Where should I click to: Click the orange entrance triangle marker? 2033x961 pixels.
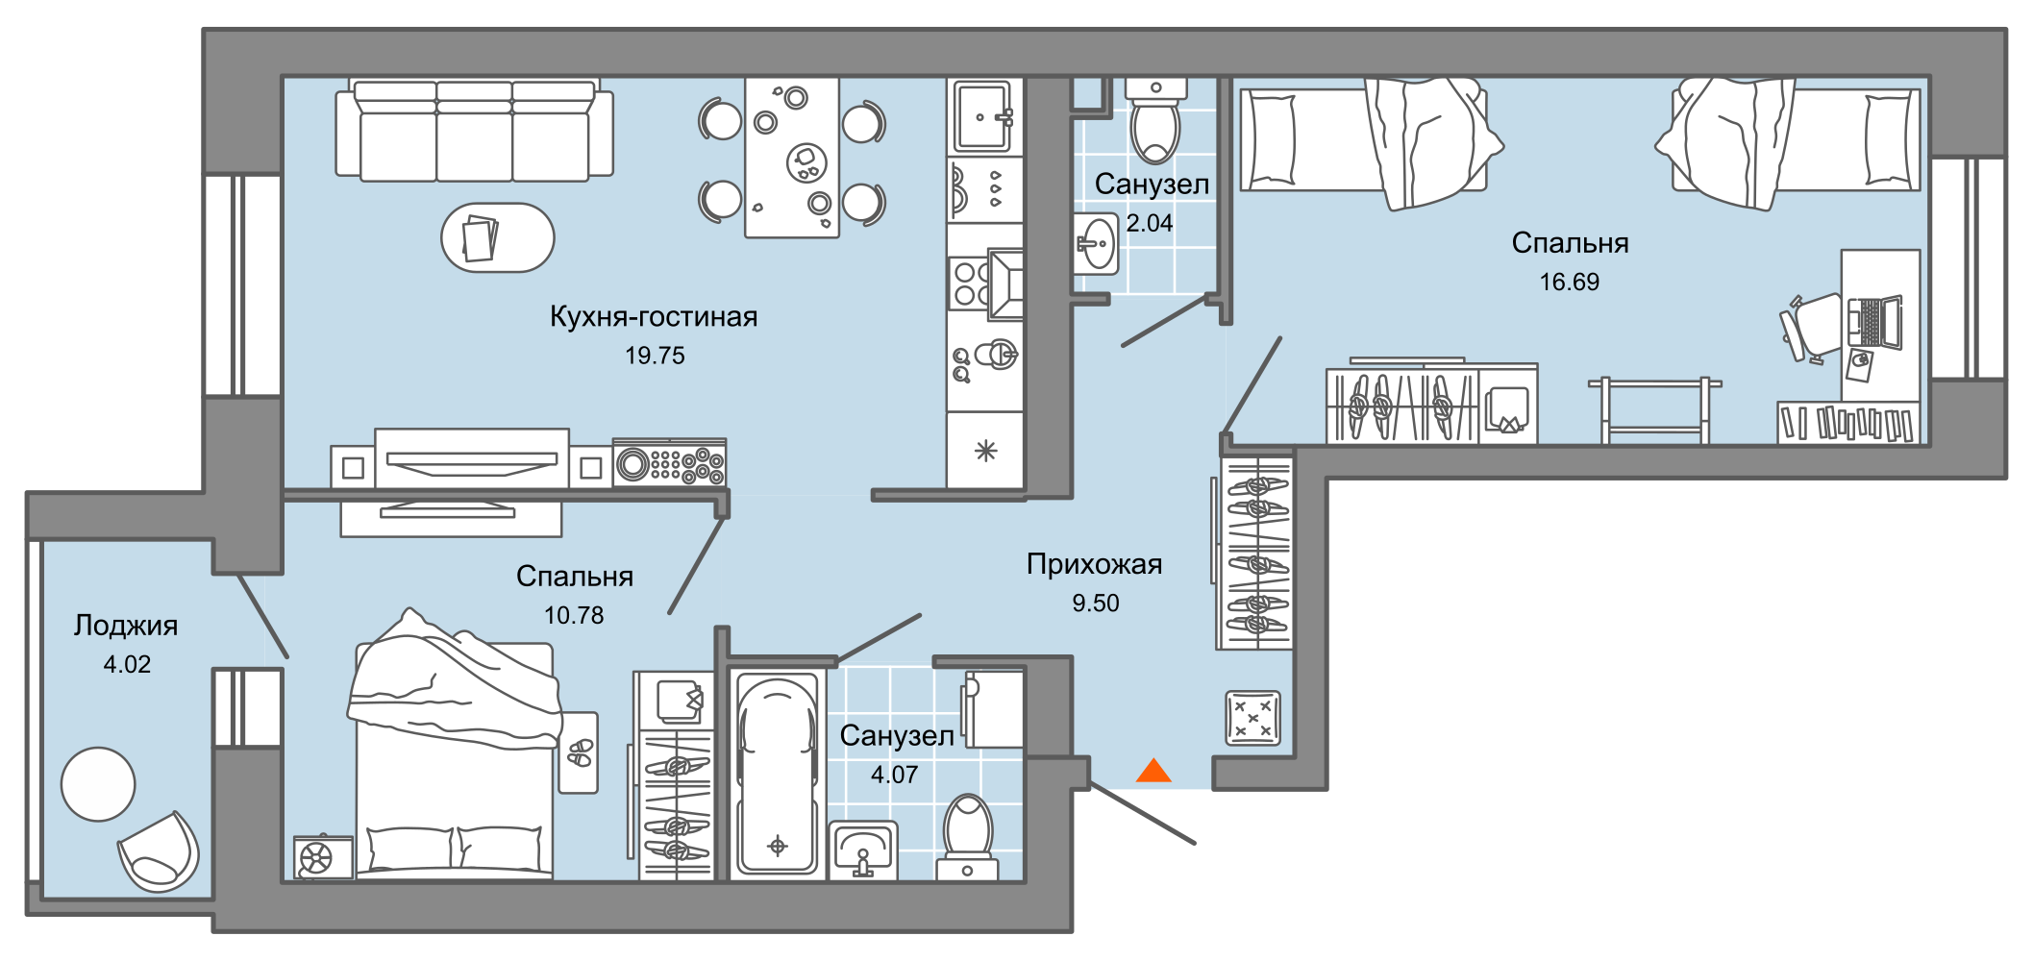1153,772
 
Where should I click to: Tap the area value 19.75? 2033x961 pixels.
655,356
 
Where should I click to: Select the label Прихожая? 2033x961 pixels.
1094,564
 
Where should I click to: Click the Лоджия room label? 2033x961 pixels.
126,626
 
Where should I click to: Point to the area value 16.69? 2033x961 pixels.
1569,282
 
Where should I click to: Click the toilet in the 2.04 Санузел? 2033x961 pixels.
1155,125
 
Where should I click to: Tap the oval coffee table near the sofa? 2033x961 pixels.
497,237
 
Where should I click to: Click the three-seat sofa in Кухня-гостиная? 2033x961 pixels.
474,130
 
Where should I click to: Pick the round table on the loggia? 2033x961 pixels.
98,784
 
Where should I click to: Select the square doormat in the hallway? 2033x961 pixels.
1252,718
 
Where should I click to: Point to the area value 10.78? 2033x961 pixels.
574,615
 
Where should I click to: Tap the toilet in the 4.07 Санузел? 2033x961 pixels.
967,836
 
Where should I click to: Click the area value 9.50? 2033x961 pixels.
1095,604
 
